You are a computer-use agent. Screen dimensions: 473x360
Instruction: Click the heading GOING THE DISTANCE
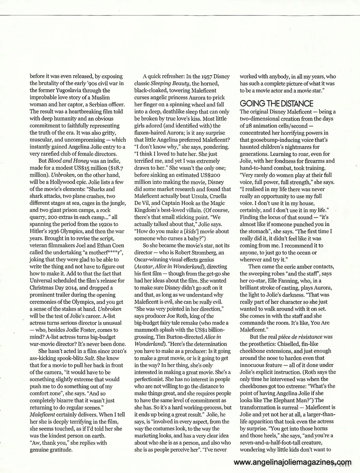[276, 104]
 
